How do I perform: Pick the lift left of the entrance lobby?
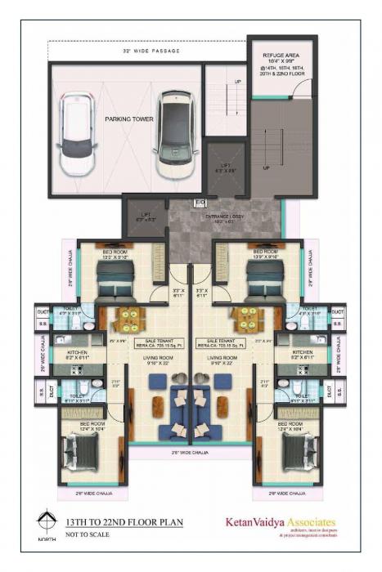point(145,217)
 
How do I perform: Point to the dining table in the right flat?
point(245,318)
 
